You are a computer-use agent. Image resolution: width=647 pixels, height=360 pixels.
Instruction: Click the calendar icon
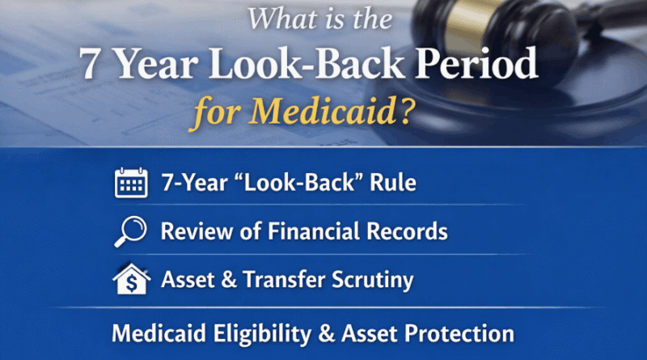pyautogui.click(x=129, y=184)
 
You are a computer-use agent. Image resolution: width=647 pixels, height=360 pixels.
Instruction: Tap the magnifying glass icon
pyautogui.click(x=129, y=232)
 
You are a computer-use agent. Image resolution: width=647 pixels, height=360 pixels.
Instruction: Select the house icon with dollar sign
pyautogui.click(x=129, y=280)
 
